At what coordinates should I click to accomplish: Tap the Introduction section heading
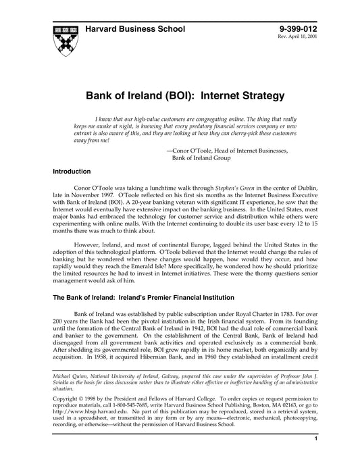tap(72, 172)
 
